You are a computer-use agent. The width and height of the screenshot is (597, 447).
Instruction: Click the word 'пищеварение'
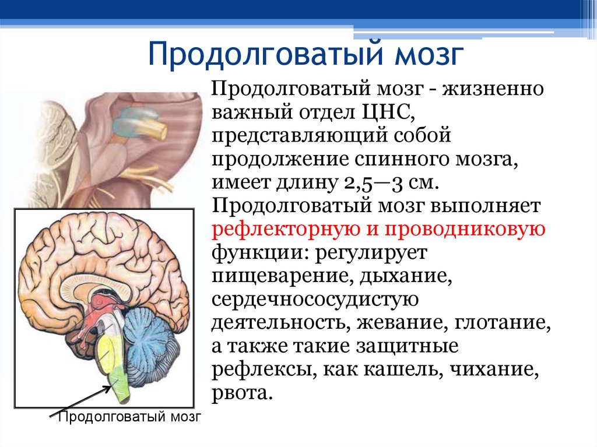click(x=277, y=276)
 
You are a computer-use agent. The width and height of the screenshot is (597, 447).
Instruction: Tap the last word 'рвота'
click(x=241, y=393)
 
